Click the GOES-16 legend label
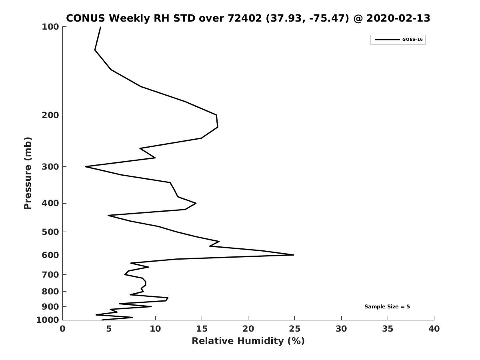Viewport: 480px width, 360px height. [412, 40]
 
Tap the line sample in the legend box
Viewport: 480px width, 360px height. [388, 40]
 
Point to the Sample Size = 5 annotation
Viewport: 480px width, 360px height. [387, 307]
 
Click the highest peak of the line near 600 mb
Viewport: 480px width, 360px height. [294, 255]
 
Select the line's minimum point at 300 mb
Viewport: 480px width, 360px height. [86, 167]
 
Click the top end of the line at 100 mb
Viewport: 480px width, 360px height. [100, 27]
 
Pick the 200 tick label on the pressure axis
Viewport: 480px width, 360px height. [50, 115]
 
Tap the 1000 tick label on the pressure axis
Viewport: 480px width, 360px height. [48, 320]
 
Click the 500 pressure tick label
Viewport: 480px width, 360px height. [50, 232]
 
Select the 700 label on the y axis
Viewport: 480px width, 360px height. [50, 274]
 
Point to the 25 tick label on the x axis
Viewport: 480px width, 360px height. [294, 329]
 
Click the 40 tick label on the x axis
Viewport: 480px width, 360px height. [434, 329]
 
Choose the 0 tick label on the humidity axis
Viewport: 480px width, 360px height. [62, 329]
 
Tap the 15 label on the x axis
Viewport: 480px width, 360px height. [202, 329]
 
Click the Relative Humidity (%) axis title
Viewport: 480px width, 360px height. [248, 341]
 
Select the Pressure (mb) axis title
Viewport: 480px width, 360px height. [28, 173]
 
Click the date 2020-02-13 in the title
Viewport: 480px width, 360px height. [398, 18]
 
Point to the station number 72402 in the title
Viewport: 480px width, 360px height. [245, 18]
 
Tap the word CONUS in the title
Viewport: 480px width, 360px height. [86, 18]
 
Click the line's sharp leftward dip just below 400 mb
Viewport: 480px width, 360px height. [108, 216]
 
